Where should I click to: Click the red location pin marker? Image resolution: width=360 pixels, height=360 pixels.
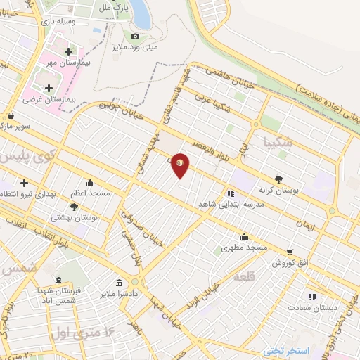point(180,165)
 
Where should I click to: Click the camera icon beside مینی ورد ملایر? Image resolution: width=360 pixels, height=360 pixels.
point(136,37)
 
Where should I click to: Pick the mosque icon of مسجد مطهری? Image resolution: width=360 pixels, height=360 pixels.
point(244,237)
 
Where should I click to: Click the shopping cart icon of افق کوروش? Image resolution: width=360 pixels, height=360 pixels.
point(290,252)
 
